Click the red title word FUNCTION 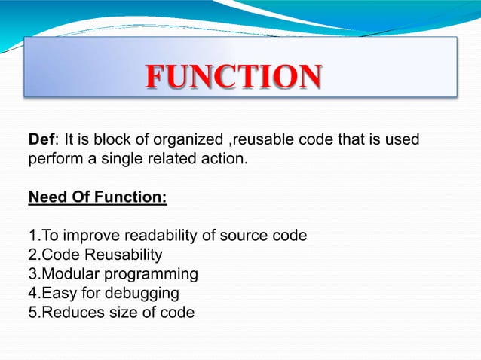coord(233,77)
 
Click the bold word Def coord(41,139)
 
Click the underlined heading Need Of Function coord(97,198)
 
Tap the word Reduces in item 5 coord(68,311)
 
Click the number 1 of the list coord(32,236)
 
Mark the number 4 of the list coord(32,292)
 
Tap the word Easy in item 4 coord(56,293)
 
